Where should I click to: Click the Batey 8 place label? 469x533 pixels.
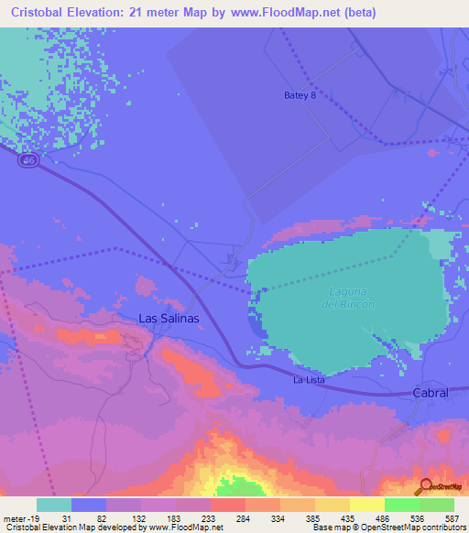(x=300, y=95)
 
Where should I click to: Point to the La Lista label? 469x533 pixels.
(x=310, y=379)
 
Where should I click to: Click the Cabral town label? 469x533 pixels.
(x=430, y=392)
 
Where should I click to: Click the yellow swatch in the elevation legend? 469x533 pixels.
(x=366, y=505)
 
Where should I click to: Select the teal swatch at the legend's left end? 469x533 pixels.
(x=54, y=505)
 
